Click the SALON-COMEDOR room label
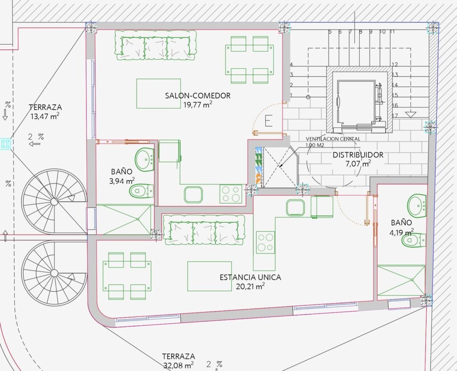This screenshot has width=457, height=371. click(x=198, y=96)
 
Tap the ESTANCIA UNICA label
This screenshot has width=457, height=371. click(x=250, y=277)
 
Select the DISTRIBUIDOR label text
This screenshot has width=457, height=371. click(x=358, y=155)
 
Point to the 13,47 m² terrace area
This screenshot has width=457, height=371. click(x=45, y=117)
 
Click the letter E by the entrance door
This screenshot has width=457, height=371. click(x=268, y=121)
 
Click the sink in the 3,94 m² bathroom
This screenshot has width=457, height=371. click(x=145, y=159)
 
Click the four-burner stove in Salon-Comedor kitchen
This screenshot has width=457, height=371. click(x=231, y=194)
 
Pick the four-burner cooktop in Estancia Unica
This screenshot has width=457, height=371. click(x=266, y=242)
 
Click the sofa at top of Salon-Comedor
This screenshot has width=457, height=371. click(x=155, y=45)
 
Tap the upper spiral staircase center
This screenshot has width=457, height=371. click(x=54, y=201)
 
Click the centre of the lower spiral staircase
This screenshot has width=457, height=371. click(x=54, y=273)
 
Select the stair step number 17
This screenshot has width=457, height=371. click(x=395, y=116)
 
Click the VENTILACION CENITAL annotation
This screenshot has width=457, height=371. click(x=333, y=139)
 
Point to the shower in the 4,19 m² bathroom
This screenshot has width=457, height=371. click(x=401, y=280)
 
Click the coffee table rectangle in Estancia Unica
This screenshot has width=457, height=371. click(x=210, y=276)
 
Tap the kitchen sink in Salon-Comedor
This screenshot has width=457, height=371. click(x=193, y=195)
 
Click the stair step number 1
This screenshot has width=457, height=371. click(x=291, y=96)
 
